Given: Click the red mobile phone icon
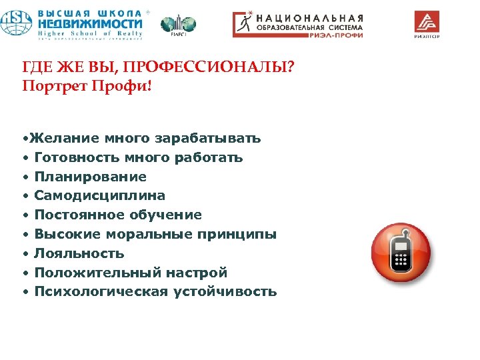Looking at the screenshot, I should [x=401, y=253].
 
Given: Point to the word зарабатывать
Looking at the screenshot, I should [x=207, y=139].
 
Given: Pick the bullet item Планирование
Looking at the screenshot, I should [x=90, y=177].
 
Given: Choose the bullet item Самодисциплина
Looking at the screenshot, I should [x=99, y=196].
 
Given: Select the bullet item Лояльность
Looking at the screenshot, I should [x=79, y=254].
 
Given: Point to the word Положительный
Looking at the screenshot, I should [x=93, y=273].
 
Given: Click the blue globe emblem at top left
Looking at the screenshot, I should [x=15, y=23].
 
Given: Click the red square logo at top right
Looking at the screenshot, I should [x=427, y=22].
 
